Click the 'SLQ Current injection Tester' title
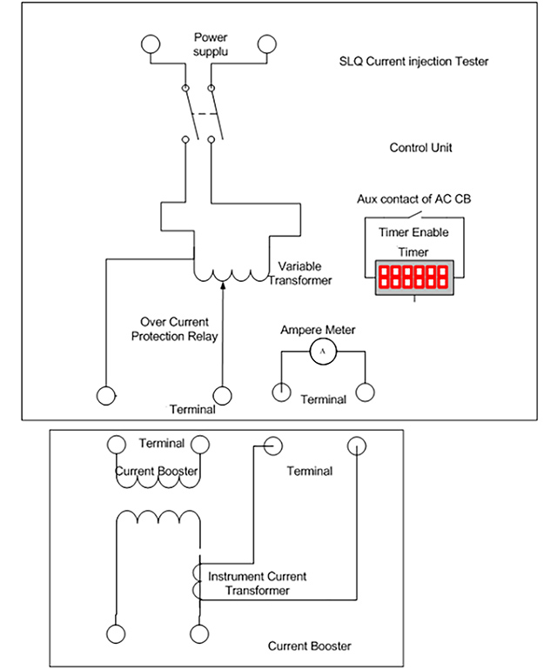click(413, 62)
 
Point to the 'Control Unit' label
click(420, 148)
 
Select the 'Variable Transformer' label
click(300, 273)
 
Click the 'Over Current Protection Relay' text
click(174, 329)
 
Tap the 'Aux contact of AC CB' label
click(413, 199)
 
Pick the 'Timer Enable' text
click(413, 232)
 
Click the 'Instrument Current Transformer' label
click(258, 583)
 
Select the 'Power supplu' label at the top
click(211, 44)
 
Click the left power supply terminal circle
click(151, 44)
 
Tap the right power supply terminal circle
click(266, 44)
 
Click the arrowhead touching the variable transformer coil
click(222, 285)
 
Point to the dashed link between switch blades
click(205, 114)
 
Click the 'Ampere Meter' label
click(318, 330)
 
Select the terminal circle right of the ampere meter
click(365, 392)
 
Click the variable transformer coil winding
click(232, 275)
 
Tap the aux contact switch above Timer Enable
click(413, 215)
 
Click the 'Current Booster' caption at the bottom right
click(310, 646)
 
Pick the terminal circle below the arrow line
click(222, 396)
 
